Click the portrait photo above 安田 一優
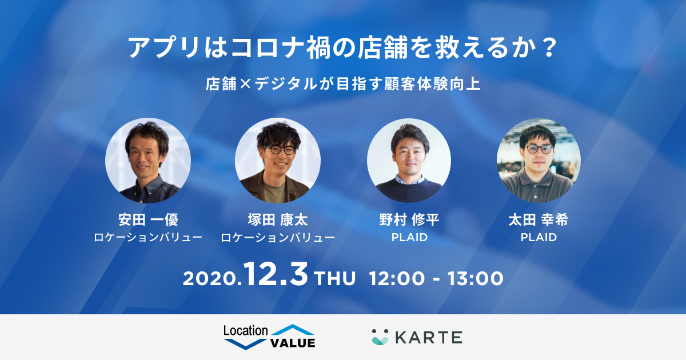pos(148,161)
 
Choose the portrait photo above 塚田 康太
pos(278,161)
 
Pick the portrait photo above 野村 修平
pos(409,161)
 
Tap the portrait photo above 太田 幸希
pos(539,161)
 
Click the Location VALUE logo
pos(269,337)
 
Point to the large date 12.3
pos(277,276)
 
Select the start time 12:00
pos(397,279)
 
